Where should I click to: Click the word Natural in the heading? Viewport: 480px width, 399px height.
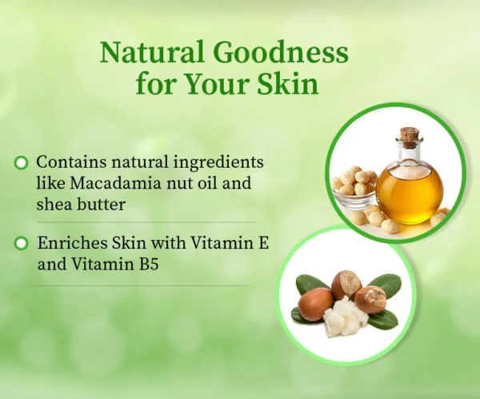(152, 52)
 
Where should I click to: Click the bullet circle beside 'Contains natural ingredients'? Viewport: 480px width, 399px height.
(21, 163)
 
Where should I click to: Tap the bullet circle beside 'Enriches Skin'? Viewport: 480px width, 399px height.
(21, 244)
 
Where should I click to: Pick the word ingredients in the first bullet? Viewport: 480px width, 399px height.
(218, 163)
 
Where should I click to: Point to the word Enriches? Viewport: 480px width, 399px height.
(73, 243)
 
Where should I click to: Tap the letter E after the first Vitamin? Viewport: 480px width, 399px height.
(263, 244)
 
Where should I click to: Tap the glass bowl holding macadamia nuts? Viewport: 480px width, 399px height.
(354, 195)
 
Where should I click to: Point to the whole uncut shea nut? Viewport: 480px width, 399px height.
(314, 303)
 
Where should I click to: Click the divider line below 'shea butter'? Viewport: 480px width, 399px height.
(146, 222)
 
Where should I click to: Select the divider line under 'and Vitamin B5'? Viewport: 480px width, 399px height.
(142, 286)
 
